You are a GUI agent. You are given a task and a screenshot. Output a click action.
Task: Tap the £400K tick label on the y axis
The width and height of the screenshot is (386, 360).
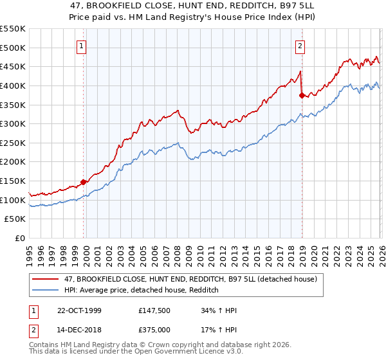click(x=13, y=85)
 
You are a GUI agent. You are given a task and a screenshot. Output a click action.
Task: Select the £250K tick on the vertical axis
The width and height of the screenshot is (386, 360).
click(x=13, y=143)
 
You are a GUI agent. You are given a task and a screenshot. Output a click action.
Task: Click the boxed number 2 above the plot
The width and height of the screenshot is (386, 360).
click(x=300, y=46)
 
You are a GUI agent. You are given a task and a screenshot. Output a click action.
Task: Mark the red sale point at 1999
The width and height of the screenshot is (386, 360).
click(x=84, y=182)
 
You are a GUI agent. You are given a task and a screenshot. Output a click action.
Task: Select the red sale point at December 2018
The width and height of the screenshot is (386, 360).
click(x=301, y=95)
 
